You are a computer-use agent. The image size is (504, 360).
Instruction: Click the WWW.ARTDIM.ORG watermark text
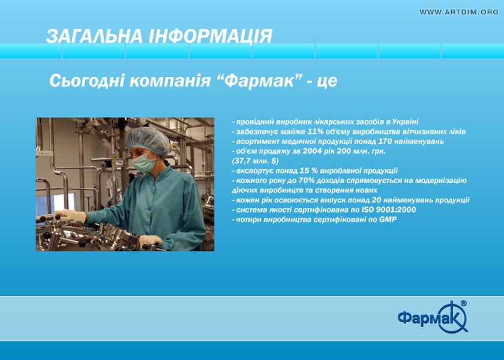(x=459, y=12)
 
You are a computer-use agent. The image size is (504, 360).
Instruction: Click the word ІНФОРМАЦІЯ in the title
(x=210, y=36)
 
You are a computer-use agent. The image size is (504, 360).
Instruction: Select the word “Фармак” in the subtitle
(x=259, y=80)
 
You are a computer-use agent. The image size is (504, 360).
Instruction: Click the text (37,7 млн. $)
(x=255, y=161)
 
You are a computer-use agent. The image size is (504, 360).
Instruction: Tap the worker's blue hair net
(x=147, y=140)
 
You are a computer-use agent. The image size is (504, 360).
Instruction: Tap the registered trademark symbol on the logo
(x=463, y=303)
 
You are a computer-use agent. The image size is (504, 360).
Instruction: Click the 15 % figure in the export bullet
(x=308, y=170)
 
